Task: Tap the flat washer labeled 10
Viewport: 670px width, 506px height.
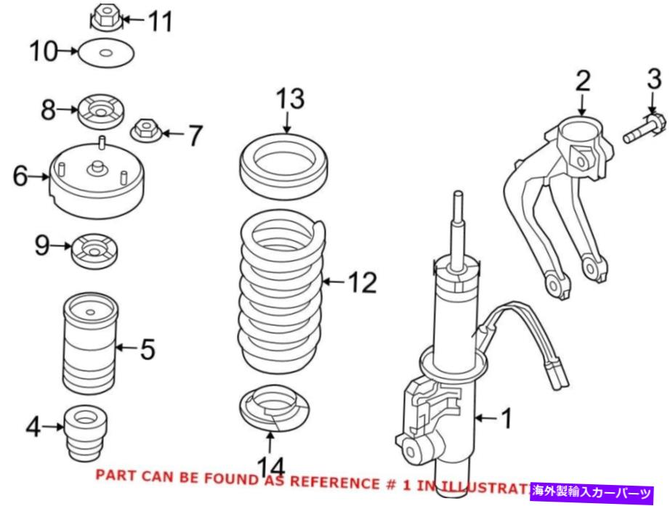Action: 108,53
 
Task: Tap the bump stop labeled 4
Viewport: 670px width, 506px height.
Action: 85,433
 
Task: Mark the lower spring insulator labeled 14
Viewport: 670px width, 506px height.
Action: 274,409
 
